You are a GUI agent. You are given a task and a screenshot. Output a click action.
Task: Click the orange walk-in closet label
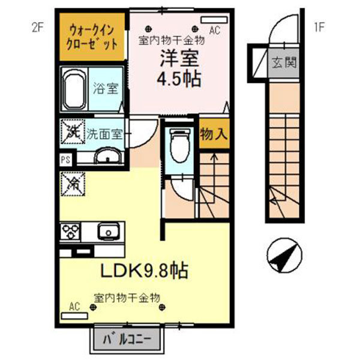click(91, 37)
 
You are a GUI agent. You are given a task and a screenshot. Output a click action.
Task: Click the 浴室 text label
click(106, 89)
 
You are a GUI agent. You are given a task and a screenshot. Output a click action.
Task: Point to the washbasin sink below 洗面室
click(108, 158)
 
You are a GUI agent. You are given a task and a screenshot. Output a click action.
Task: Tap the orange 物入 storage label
click(214, 134)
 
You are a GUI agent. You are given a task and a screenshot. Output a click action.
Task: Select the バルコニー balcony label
click(127, 338)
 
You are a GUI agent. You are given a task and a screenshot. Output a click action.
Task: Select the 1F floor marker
click(320, 27)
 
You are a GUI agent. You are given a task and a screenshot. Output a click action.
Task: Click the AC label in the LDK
click(74, 306)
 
